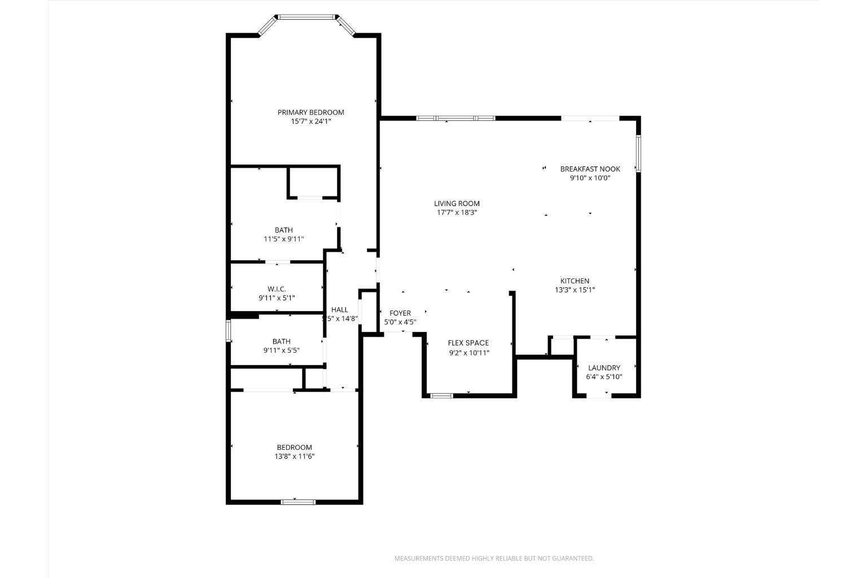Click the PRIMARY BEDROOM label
click(x=310, y=112)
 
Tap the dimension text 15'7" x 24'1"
click(x=310, y=121)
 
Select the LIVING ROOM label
click(x=457, y=204)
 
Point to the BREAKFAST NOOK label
click(x=590, y=169)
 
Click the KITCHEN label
click(x=575, y=281)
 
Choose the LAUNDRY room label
click(x=604, y=368)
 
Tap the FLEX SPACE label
click(x=468, y=343)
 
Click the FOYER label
click(x=400, y=313)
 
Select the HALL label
click(x=340, y=310)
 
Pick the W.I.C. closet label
click(x=277, y=289)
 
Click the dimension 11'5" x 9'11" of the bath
click(x=284, y=239)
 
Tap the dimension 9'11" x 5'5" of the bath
click(x=281, y=350)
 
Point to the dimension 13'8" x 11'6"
click(x=294, y=456)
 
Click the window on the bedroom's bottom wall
click(x=298, y=501)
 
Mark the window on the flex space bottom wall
click(x=442, y=396)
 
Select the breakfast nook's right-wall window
click(x=638, y=153)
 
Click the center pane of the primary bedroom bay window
click(x=307, y=17)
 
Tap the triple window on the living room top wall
click(x=456, y=118)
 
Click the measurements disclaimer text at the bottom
click(x=494, y=559)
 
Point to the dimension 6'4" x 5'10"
click(x=604, y=377)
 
